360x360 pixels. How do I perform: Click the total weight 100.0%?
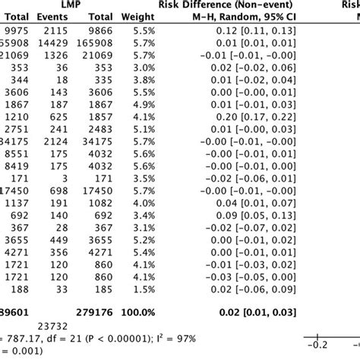pyautogui.click(x=145, y=311)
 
